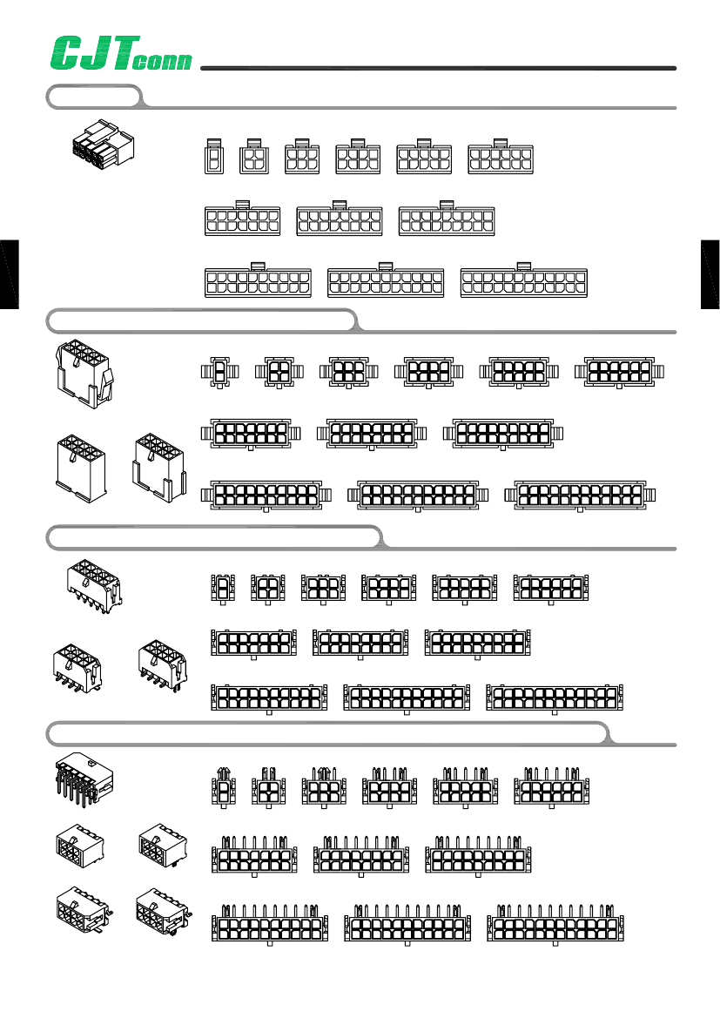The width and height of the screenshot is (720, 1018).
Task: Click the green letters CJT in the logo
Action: pyautogui.click(x=95, y=52)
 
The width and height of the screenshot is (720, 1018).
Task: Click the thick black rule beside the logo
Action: pyautogui.click(x=438, y=68)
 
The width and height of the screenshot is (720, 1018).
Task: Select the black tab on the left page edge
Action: pyautogui.click(x=9, y=274)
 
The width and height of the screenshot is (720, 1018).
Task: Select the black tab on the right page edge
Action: pyautogui.click(x=710, y=274)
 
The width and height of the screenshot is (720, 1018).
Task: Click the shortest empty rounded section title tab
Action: pyautogui.click(x=94, y=97)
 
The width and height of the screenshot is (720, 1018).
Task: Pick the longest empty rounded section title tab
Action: pyautogui.click(x=328, y=733)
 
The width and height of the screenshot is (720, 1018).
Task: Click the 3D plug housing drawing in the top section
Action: pyautogui.click(x=104, y=142)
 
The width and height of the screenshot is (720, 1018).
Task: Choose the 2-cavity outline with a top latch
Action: pyautogui.click(x=214, y=157)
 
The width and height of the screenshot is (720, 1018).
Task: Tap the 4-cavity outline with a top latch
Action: pyautogui.click(x=254, y=157)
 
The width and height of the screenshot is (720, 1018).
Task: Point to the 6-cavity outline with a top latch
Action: pyautogui.click(x=302, y=157)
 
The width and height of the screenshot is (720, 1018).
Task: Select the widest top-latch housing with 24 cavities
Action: pyautogui.click(x=524, y=280)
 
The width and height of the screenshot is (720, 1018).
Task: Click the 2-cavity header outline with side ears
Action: pyautogui.click(x=220, y=372)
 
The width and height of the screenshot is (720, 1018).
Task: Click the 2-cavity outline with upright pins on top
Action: pyautogui.click(x=224, y=787)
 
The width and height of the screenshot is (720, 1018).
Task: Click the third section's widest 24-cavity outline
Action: pyautogui.click(x=555, y=698)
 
